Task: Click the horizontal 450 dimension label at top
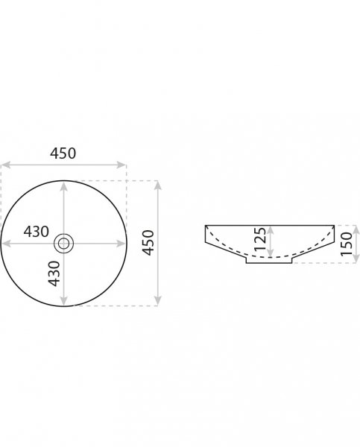tap(63, 153)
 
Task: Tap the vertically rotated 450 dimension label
tap(148, 243)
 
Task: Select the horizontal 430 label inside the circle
tap(37, 232)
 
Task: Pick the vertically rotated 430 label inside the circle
tap(54, 273)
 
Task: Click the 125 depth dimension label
tap(260, 239)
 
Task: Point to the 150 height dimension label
tap(347, 244)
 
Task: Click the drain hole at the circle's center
tap(63, 244)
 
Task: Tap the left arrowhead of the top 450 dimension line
tap(6, 165)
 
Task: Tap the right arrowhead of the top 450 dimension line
tap(121, 165)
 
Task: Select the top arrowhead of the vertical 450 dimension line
tap(158, 186)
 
